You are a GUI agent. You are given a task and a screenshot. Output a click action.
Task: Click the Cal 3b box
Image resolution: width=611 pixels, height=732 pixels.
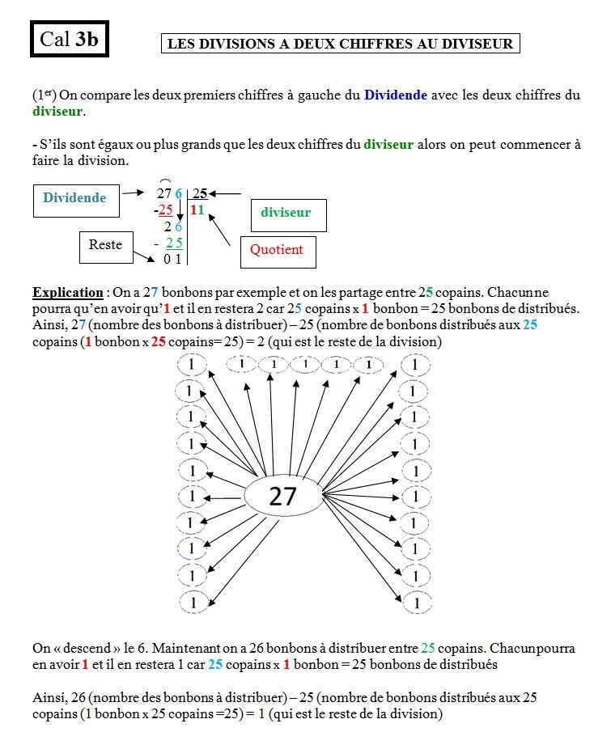[69, 39]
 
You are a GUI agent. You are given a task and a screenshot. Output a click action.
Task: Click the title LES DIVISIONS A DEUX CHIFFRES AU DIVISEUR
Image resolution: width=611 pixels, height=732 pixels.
[339, 44]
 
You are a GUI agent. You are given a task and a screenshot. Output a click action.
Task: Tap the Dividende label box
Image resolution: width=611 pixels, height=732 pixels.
[74, 198]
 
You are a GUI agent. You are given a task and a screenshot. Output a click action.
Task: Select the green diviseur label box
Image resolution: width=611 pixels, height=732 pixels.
[286, 214]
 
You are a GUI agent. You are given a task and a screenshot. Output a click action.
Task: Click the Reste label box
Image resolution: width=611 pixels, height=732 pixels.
[105, 245]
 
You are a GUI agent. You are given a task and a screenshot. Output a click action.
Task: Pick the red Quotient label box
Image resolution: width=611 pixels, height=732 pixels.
[276, 250]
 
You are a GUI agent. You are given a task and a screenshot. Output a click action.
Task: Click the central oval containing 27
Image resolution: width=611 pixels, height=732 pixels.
[282, 495]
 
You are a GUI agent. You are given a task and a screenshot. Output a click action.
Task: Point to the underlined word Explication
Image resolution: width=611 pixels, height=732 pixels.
[67, 292]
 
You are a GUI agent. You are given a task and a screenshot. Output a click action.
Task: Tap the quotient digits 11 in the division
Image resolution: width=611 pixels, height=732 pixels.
[198, 210]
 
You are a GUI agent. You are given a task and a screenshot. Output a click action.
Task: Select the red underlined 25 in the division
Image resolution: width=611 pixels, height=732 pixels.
[166, 210]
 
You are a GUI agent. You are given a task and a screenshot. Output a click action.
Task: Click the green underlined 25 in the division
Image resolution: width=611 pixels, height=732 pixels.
[173, 243]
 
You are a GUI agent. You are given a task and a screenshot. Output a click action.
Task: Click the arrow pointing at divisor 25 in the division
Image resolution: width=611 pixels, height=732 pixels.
[227, 194]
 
